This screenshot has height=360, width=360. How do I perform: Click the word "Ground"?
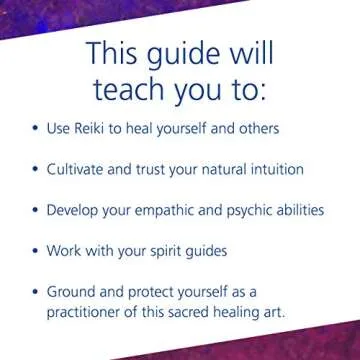75,293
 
